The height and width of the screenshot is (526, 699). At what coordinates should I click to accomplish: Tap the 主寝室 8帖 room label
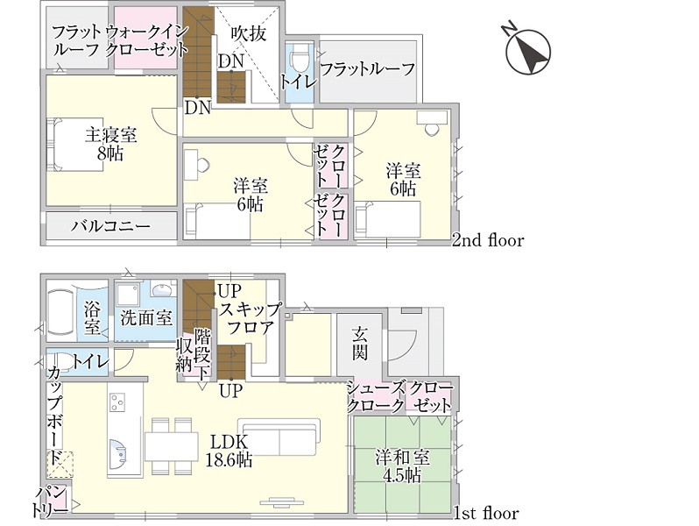point(110,143)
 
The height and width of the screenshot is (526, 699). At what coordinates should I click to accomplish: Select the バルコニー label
point(111,226)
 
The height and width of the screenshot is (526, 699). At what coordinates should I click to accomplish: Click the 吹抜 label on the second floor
point(249,33)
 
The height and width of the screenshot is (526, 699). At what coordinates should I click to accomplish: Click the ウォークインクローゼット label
point(146,40)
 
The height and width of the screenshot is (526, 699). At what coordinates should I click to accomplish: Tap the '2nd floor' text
point(488,240)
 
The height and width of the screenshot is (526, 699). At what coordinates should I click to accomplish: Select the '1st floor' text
point(486,513)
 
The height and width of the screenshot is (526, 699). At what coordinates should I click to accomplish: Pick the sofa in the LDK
point(279,437)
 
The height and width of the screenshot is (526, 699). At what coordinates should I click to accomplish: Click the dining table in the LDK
point(172,446)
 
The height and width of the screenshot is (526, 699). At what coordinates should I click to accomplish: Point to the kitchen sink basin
point(118,453)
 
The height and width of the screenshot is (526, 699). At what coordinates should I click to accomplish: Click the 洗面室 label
point(146,317)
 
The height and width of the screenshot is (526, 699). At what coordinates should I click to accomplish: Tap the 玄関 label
point(359,343)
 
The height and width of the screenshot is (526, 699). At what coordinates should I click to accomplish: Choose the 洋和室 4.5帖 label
point(403,466)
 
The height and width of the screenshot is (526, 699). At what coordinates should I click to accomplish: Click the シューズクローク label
point(376,396)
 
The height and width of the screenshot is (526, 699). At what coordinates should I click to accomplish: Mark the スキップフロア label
point(251,317)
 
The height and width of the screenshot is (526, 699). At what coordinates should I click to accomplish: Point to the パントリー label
point(52,502)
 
